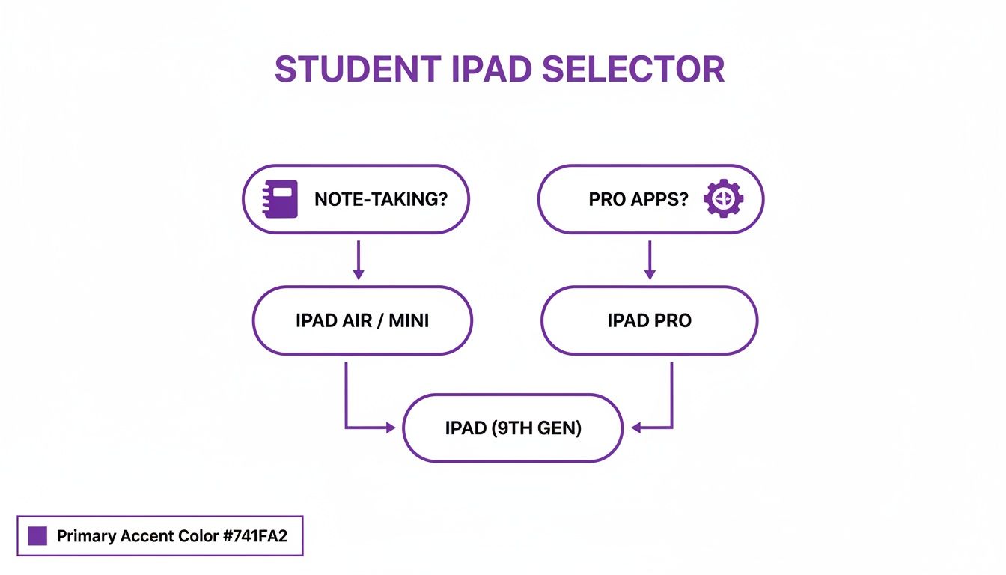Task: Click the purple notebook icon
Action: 280,199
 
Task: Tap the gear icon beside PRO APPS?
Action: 724,199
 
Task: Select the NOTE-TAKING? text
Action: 380,200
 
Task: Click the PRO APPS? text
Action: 638,200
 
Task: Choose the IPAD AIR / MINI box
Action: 362,320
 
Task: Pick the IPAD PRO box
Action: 649,320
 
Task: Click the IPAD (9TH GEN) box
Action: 513,428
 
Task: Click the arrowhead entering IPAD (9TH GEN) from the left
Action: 390,428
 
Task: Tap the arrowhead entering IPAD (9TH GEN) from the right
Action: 637,428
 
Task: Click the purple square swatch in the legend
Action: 37,536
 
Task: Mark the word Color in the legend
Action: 199,536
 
